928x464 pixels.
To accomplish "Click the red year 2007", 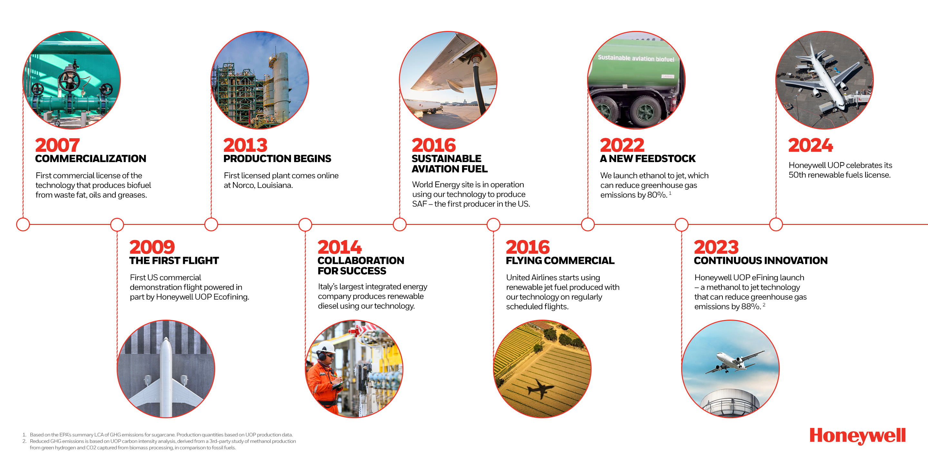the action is tap(57, 145).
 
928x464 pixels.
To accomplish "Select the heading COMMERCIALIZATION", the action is tap(91, 159).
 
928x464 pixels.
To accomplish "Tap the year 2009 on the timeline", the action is tap(152, 247).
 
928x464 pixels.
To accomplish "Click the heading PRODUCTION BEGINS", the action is tap(277, 159).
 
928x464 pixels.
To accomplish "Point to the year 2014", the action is tap(339, 247).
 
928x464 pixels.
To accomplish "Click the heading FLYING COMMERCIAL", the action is tap(560, 260).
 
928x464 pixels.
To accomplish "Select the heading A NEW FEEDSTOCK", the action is tap(647, 159).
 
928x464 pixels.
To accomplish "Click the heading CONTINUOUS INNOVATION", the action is tap(760, 260).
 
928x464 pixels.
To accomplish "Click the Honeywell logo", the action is tap(857, 436).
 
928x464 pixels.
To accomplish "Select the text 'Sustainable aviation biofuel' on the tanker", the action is tap(636, 58).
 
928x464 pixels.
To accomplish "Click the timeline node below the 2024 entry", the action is tap(776, 225).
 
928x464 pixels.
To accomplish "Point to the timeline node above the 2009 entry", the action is tap(117, 225).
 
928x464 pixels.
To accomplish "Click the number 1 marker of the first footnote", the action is tap(24, 435).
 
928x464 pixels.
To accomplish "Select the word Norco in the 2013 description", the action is tap(243, 185).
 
